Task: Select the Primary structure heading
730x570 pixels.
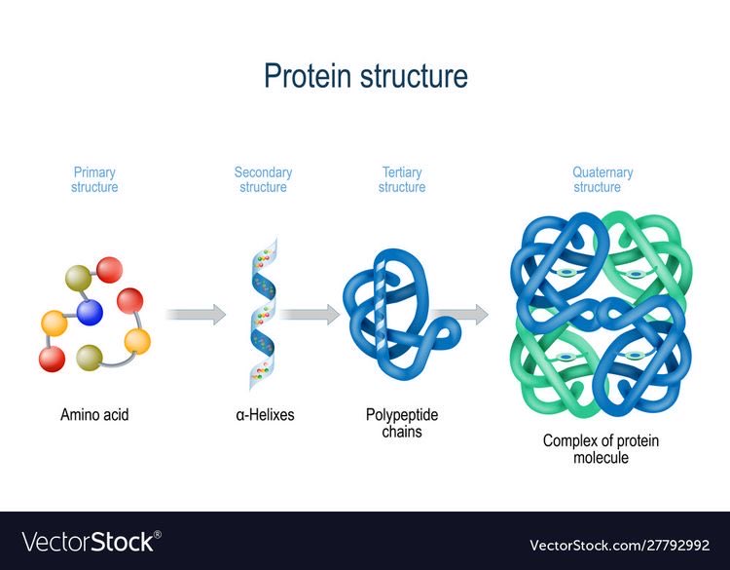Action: tap(94, 180)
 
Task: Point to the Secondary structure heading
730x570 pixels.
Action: tap(263, 180)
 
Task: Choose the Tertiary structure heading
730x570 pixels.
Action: tap(401, 180)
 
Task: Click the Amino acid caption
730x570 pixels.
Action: tap(94, 415)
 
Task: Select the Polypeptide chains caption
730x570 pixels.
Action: tap(402, 423)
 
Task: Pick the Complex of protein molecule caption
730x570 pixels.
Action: tap(601, 449)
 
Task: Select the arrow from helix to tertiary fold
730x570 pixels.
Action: tap(310, 314)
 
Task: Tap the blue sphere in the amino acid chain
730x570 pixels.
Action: tap(90, 312)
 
